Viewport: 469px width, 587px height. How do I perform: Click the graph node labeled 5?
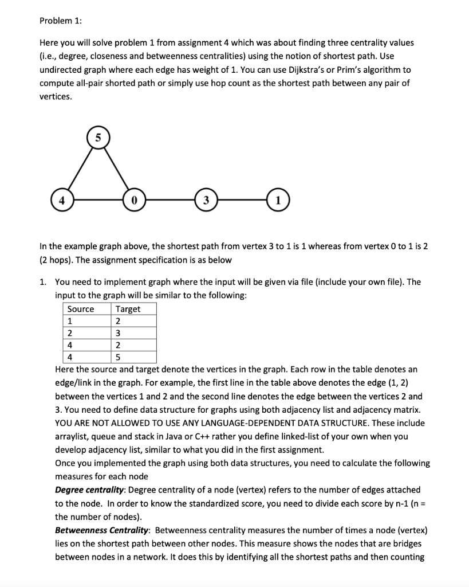[x=97, y=138]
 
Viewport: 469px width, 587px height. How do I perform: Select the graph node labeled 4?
[x=61, y=201]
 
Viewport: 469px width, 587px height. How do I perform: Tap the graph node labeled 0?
[x=133, y=201]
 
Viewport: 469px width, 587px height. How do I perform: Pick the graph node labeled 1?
[x=277, y=201]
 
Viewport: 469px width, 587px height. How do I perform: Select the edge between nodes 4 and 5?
[x=79, y=170]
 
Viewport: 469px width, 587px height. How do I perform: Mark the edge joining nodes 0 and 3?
[x=169, y=201]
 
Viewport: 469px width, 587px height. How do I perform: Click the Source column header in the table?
[x=81, y=309]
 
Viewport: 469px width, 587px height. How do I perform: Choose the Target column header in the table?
[x=128, y=309]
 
